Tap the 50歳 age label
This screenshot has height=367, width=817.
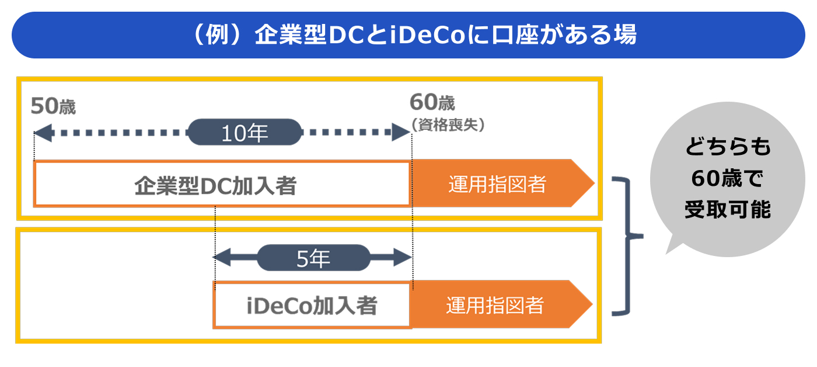point(53,106)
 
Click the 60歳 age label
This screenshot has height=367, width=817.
point(432,103)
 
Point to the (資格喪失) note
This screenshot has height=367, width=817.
point(448,124)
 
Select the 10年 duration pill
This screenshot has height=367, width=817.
point(245,133)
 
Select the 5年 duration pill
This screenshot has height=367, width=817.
point(313,258)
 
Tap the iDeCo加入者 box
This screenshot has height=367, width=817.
point(312,305)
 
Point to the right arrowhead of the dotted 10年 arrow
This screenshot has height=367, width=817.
point(401,133)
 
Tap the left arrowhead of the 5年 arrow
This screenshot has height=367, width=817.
point(222,257)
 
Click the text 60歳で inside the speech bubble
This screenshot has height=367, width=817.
point(727,179)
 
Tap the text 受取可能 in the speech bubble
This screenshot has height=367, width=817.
point(727,209)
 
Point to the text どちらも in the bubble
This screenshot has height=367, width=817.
point(727,148)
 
